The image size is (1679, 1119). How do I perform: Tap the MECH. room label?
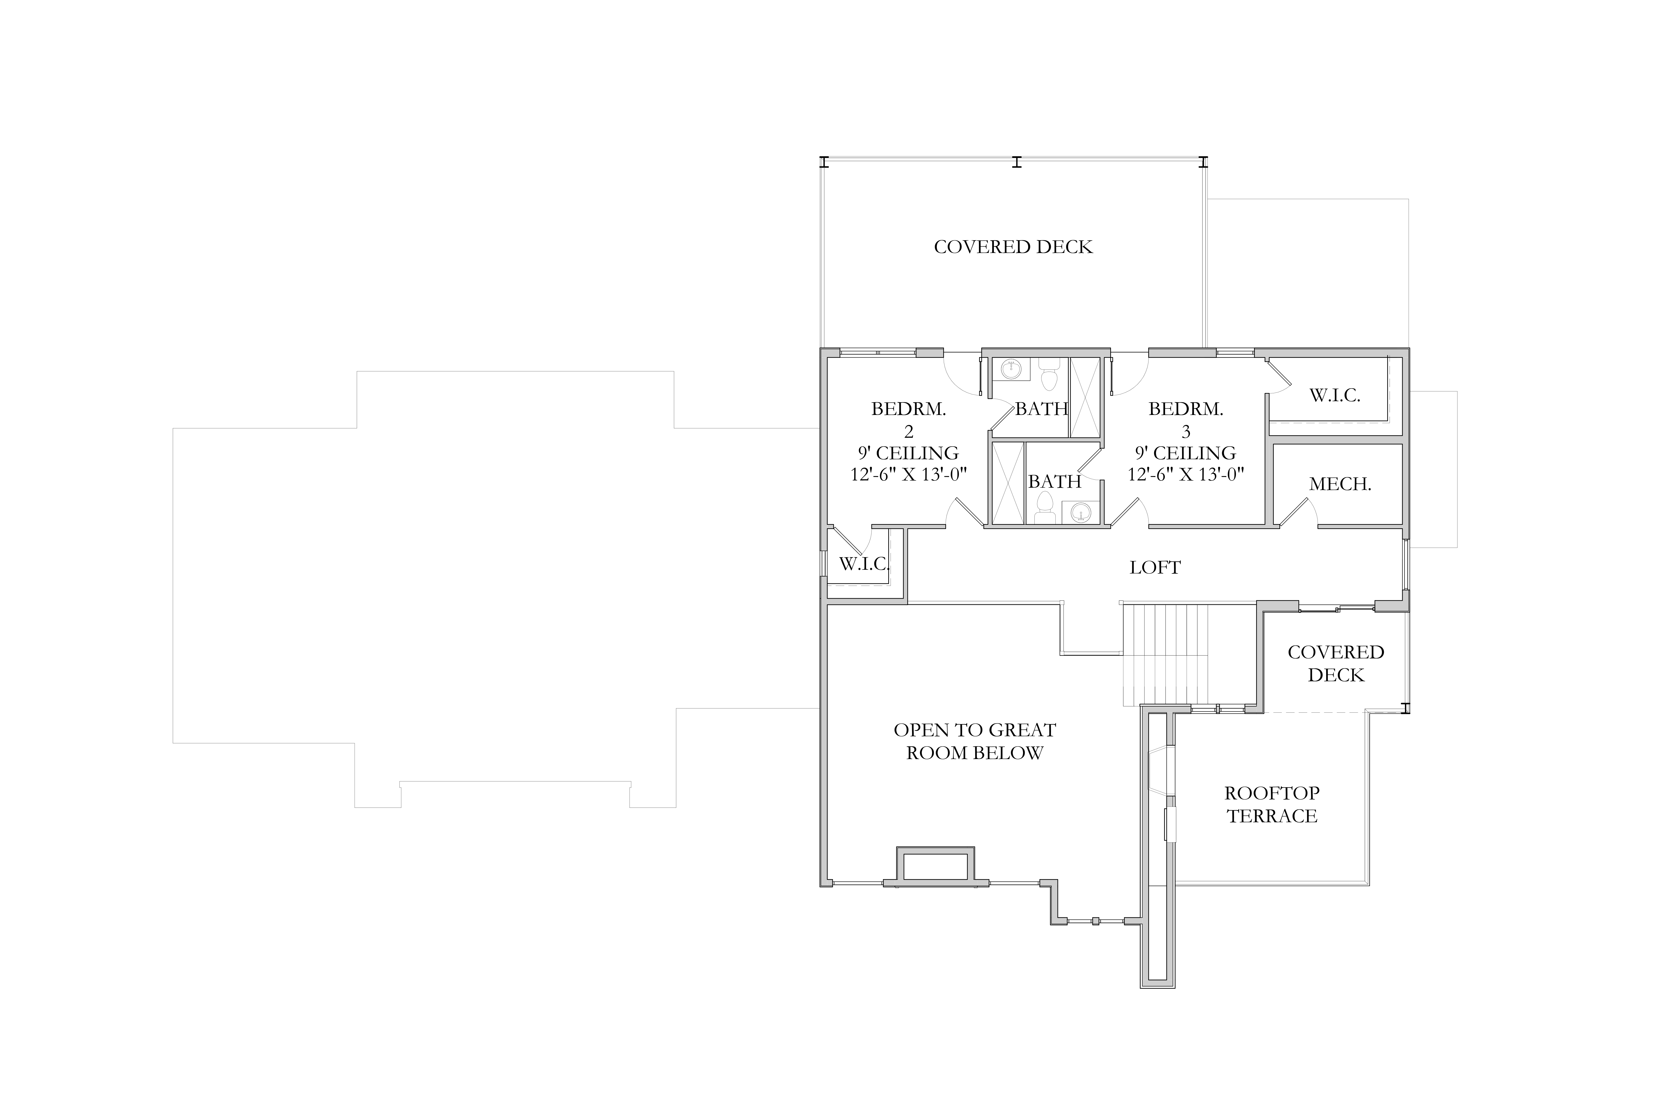1340,484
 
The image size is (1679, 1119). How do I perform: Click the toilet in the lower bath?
1045,507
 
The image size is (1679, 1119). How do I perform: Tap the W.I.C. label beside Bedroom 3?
1334,395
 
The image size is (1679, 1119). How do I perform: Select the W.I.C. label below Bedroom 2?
863,564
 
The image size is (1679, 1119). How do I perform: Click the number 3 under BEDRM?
1186,431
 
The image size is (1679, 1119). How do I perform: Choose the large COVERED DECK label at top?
1013,247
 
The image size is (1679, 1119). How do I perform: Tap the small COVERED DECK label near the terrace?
1336,664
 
